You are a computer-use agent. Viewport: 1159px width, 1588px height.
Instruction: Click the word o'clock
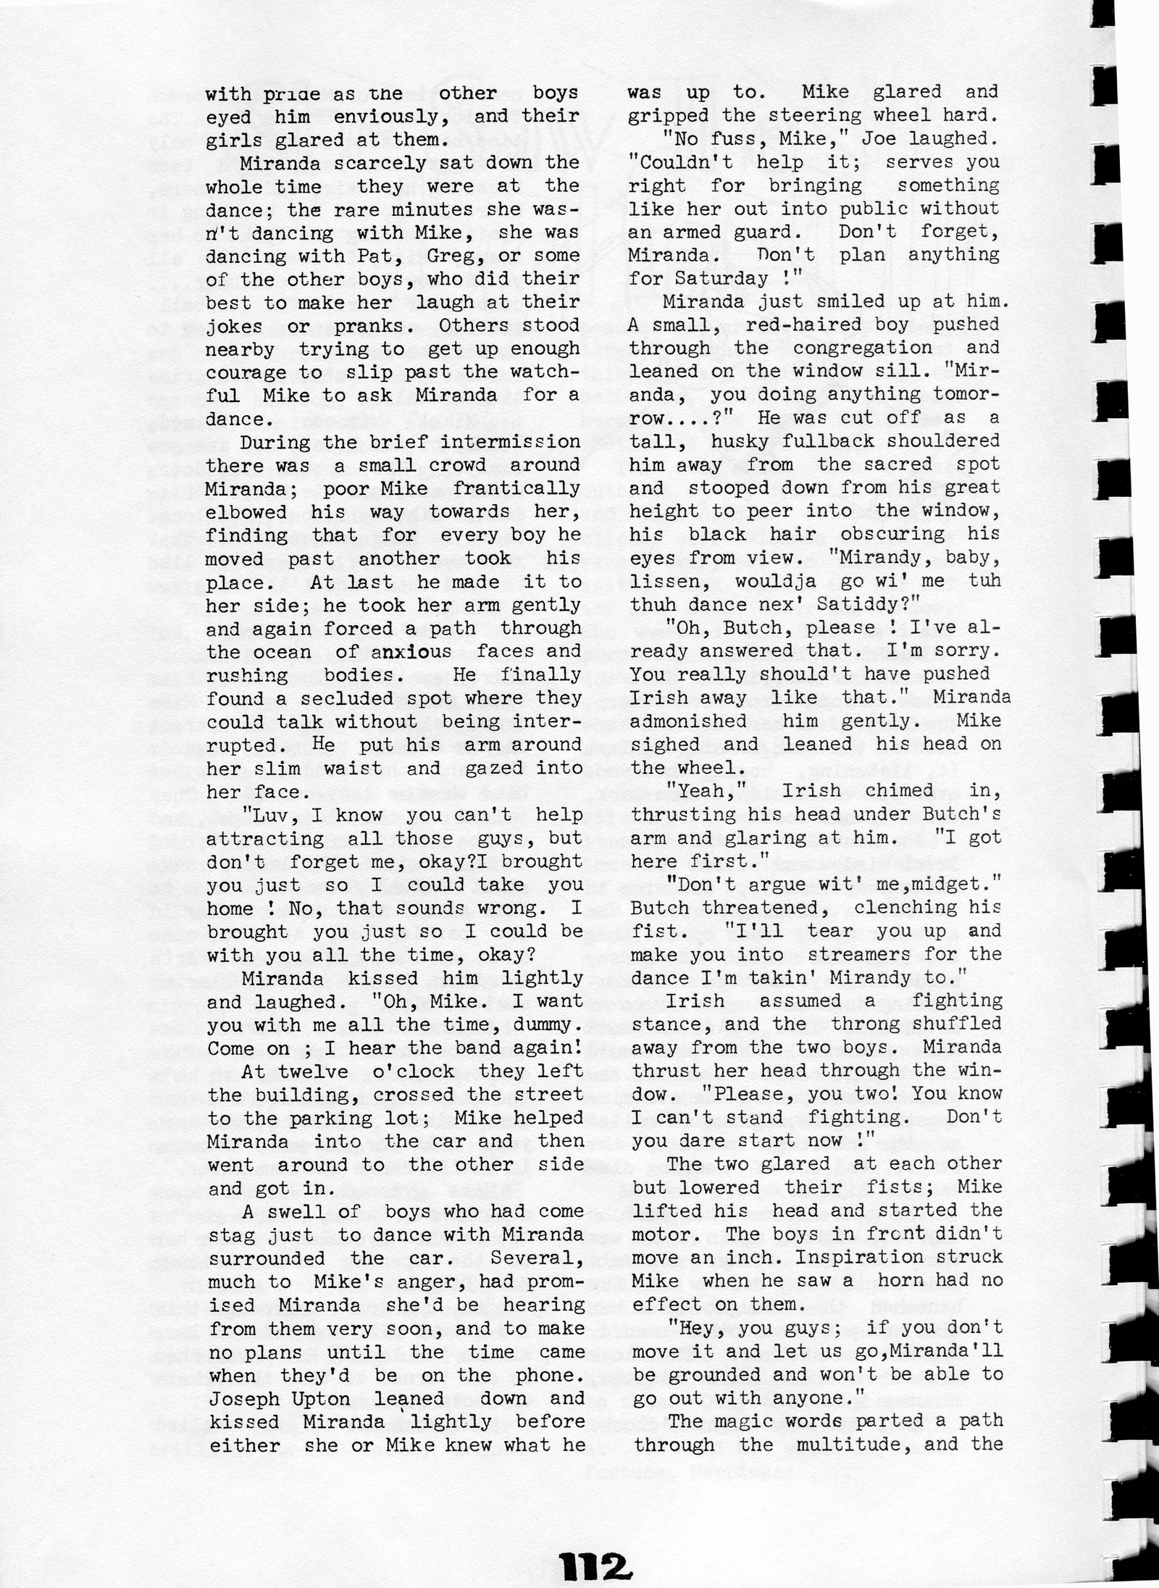[409, 1071]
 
